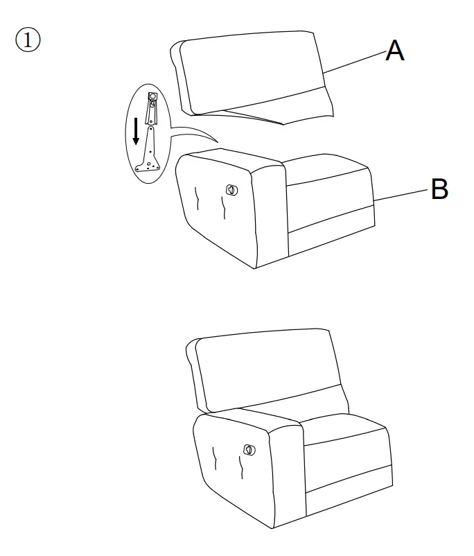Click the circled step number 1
coord(28,40)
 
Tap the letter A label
coord(394,51)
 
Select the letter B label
coord(439,189)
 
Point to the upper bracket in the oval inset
coord(152,107)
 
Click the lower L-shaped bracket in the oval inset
coord(150,153)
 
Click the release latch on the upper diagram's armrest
coord(231,189)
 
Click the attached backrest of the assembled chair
coord(267,367)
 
